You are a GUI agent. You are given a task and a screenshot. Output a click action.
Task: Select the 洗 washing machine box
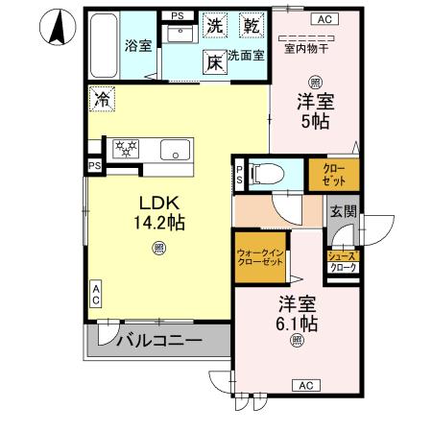click(x=215, y=25)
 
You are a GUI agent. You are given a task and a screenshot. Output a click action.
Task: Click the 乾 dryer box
click(x=252, y=25)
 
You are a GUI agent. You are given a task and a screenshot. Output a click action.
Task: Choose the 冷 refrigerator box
click(x=102, y=97)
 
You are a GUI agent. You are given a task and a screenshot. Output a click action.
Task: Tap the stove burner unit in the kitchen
click(x=126, y=148)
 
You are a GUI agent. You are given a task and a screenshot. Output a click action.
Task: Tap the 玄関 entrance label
click(x=343, y=212)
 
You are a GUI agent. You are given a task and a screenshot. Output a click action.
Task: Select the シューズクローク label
click(x=343, y=262)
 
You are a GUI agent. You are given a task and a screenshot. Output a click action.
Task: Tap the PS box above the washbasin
click(x=177, y=16)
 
